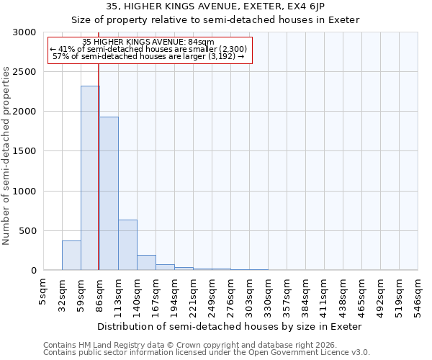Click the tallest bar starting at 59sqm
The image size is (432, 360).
pyautogui.click(x=90, y=178)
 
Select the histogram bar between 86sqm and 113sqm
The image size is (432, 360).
pyautogui.click(x=109, y=193)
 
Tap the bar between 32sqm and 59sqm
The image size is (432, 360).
pyautogui.click(x=71, y=256)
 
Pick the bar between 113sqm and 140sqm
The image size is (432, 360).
pyautogui.click(x=127, y=245)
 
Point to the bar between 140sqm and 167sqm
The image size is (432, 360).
pyautogui.click(x=146, y=263)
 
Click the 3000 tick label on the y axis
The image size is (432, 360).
pyautogui.click(x=24, y=32)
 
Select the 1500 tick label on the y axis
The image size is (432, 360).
pyautogui.click(x=24, y=152)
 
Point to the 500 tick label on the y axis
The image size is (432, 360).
pyautogui.click(x=27, y=231)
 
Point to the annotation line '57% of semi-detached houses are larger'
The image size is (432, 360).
pyautogui.click(x=149, y=56)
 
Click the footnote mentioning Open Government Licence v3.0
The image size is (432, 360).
pyautogui.click(x=207, y=353)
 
